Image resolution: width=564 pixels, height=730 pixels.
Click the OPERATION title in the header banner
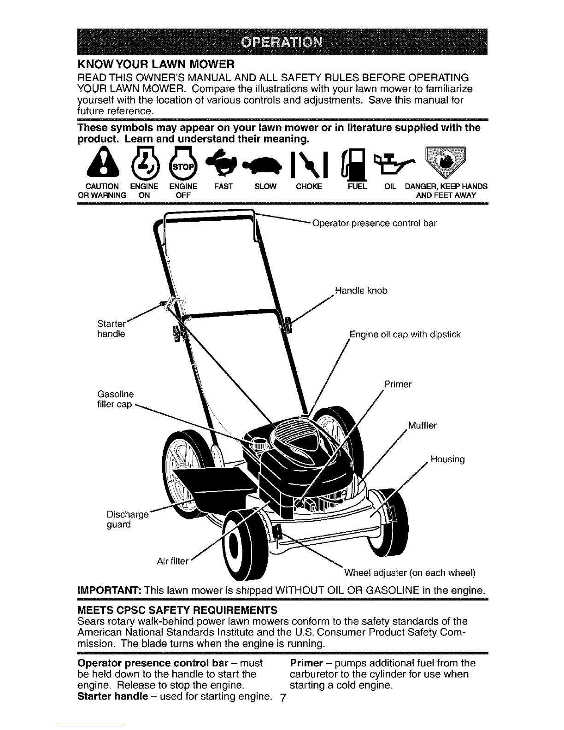click(282, 42)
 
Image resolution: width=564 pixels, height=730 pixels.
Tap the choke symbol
click(309, 164)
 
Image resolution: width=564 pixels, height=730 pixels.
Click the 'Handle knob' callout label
click(361, 291)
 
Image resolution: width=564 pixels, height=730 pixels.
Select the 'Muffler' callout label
click(422, 425)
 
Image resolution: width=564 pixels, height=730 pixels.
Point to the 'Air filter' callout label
click(173, 561)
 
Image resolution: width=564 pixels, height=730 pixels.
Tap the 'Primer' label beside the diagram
click(398, 384)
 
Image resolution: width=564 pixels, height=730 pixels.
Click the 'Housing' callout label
click(448, 459)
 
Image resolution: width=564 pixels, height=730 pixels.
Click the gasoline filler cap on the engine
click(259, 444)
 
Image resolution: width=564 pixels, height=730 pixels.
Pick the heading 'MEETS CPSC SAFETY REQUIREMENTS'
click(177, 610)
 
